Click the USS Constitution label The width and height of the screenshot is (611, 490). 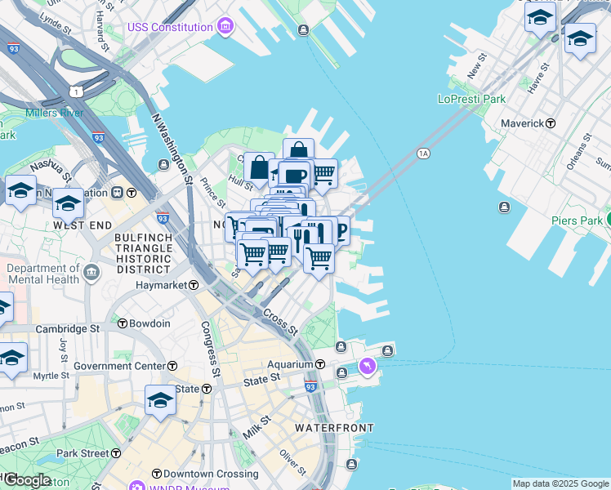coord(169,27)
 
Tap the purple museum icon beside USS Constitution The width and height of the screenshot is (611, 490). coord(226,28)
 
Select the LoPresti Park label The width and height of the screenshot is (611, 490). coord(471,99)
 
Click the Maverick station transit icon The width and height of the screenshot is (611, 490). coord(551,123)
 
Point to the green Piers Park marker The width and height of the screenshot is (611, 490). coord(609,219)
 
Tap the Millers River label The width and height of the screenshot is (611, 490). coord(54,113)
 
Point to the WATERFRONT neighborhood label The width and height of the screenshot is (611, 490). coord(334,428)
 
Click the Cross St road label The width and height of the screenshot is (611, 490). coord(280,323)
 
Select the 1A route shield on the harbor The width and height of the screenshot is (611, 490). coord(422,153)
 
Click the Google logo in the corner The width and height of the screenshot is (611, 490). coord(26,480)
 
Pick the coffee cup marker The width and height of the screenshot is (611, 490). coord(294,175)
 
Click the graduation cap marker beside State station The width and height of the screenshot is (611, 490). coord(161,399)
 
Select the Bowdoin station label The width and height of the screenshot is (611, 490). coord(149,323)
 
